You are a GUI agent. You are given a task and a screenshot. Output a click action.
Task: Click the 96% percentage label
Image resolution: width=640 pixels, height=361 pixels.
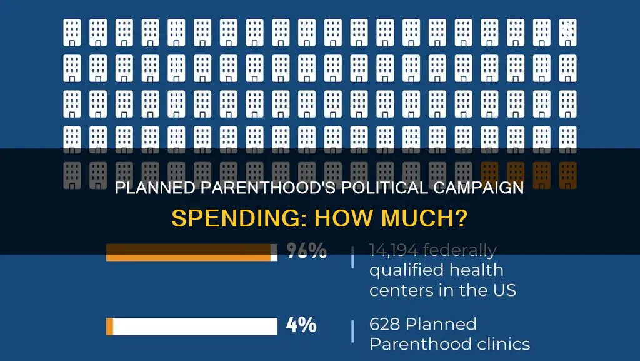[307, 252]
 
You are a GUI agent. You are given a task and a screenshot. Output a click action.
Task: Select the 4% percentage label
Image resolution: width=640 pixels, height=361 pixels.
[301, 326]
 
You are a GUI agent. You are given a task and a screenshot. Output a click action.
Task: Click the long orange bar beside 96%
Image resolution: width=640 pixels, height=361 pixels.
[187, 252]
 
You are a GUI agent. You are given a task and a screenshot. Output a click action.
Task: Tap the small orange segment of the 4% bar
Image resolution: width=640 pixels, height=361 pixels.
[109, 327]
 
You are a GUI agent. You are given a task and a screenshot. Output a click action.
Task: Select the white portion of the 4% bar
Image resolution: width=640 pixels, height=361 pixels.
[195, 327]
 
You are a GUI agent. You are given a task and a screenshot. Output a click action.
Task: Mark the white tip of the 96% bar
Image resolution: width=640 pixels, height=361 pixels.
[274, 252]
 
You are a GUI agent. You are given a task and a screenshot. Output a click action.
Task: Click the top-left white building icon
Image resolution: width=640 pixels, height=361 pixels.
[72, 33]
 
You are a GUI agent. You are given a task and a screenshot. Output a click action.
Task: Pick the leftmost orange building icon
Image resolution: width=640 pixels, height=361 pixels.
[489, 175]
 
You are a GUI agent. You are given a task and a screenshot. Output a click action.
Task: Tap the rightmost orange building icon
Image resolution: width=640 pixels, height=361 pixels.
[567, 175]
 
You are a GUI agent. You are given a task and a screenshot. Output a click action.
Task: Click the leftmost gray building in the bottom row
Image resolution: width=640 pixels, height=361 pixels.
[72, 175]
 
